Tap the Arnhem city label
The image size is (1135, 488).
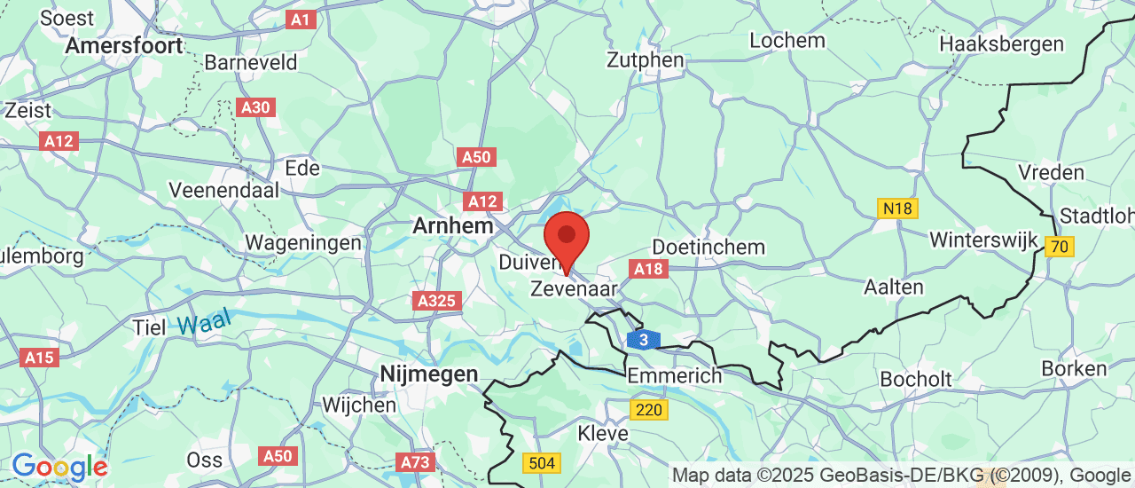pyautogui.click(x=452, y=226)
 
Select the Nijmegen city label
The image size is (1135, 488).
pyautogui.click(x=429, y=374)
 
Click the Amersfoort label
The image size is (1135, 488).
pyautogui.click(x=124, y=45)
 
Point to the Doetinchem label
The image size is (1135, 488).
pyautogui.click(x=708, y=247)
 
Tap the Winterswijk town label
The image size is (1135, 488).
pyautogui.click(x=982, y=240)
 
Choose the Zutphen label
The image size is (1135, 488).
pyautogui.click(x=646, y=60)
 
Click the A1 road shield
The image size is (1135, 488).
pyautogui.click(x=301, y=19)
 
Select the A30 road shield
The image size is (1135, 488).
pyautogui.click(x=257, y=107)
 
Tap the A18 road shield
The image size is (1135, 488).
pyautogui.click(x=648, y=268)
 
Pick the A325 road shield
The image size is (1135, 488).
pyautogui.click(x=437, y=301)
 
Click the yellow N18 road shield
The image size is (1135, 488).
pyautogui.click(x=897, y=209)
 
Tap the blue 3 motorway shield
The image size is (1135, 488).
pyautogui.click(x=644, y=340)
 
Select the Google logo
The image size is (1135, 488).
pyautogui.click(x=59, y=467)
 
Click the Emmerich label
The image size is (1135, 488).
pyautogui.click(x=675, y=376)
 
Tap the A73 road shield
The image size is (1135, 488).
pyautogui.click(x=414, y=461)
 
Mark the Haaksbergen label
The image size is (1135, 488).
pyautogui.click(x=1001, y=43)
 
